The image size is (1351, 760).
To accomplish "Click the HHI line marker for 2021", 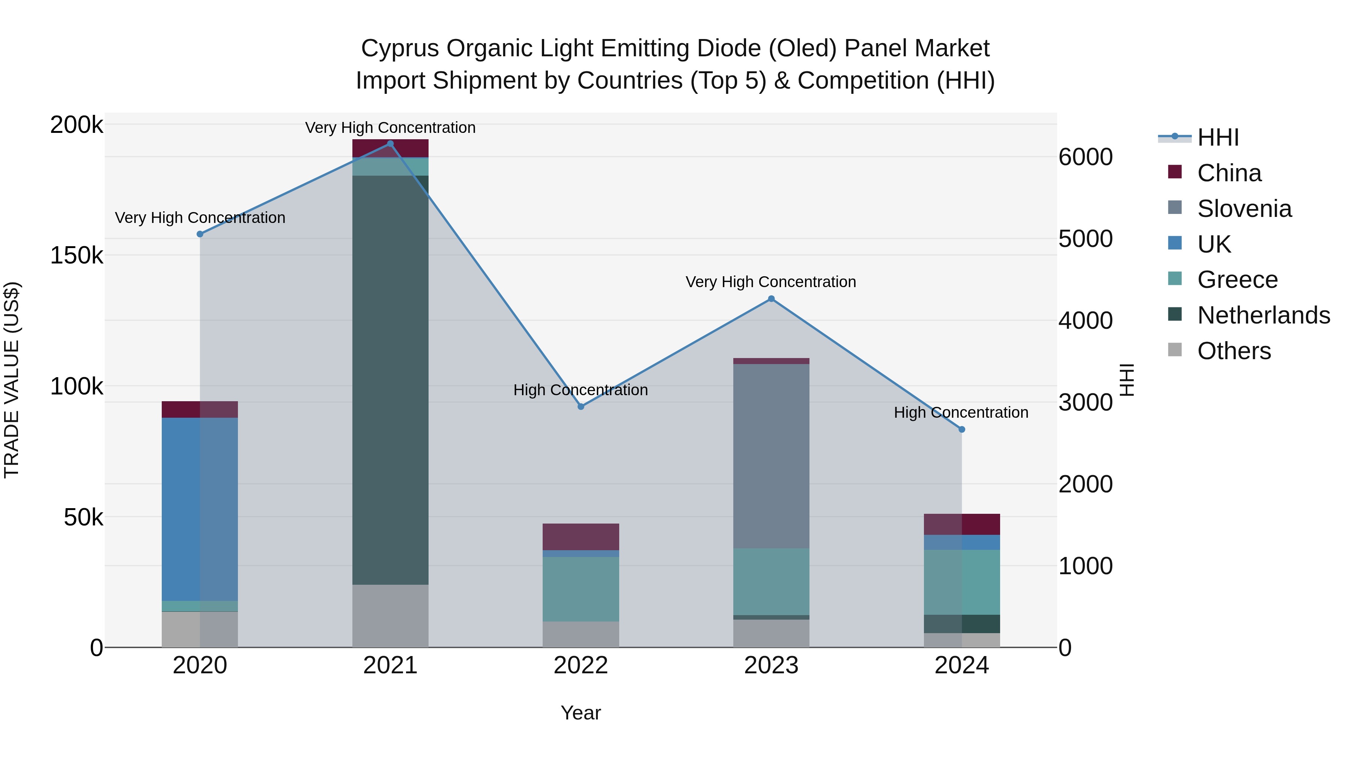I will [x=390, y=144].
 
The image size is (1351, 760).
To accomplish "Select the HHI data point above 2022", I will [x=581, y=406].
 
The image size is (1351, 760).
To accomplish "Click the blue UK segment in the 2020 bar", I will [x=199, y=509].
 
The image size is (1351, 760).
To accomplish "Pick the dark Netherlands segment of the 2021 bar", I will [x=390, y=380].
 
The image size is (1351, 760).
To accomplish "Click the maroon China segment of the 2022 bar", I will [x=581, y=537].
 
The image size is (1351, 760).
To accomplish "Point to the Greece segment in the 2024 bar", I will [x=962, y=582].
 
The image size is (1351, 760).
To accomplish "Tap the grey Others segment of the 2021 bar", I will [x=390, y=616].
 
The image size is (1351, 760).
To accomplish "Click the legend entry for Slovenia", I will [x=1244, y=209].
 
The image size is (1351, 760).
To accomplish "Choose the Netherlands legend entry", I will [x=1263, y=315].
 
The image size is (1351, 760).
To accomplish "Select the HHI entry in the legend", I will [x=1218, y=137].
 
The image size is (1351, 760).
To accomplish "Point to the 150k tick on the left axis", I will [x=77, y=256].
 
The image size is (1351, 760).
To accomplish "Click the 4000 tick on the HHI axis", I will [x=1085, y=321].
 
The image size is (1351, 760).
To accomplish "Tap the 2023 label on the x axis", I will [x=771, y=665].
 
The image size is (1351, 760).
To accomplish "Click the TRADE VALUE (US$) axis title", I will [x=12, y=380].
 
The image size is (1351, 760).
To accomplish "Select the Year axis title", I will [x=581, y=713].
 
